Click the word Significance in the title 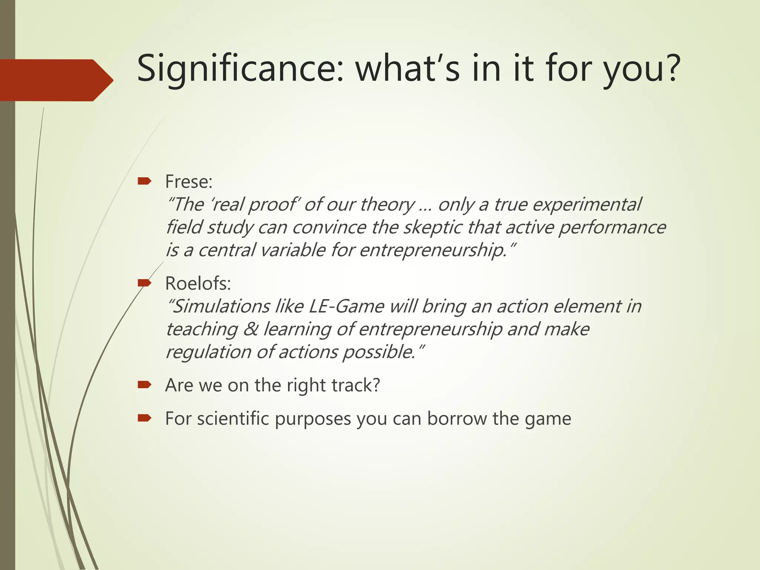click(237, 69)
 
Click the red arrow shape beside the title click(56, 80)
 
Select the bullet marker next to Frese click(144, 181)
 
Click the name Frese click(189, 182)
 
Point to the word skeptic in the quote click(432, 227)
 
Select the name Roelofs click(198, 284)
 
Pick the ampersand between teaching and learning click(250, 329)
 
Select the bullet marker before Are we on click(144, 385)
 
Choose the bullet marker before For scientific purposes click(144, 419)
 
